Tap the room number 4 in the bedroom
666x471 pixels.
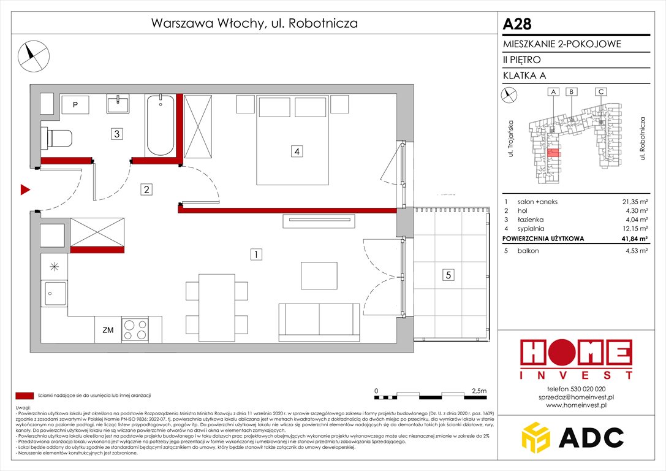296,150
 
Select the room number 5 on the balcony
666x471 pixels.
449,276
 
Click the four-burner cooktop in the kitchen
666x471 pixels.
135,330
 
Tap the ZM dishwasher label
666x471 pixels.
108,331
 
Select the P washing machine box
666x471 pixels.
75,105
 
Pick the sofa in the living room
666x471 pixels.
319,321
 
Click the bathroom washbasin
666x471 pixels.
118,104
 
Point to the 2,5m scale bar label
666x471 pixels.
480,390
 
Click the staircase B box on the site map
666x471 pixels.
571,92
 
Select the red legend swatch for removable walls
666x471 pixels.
25,396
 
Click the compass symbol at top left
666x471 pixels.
32,54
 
